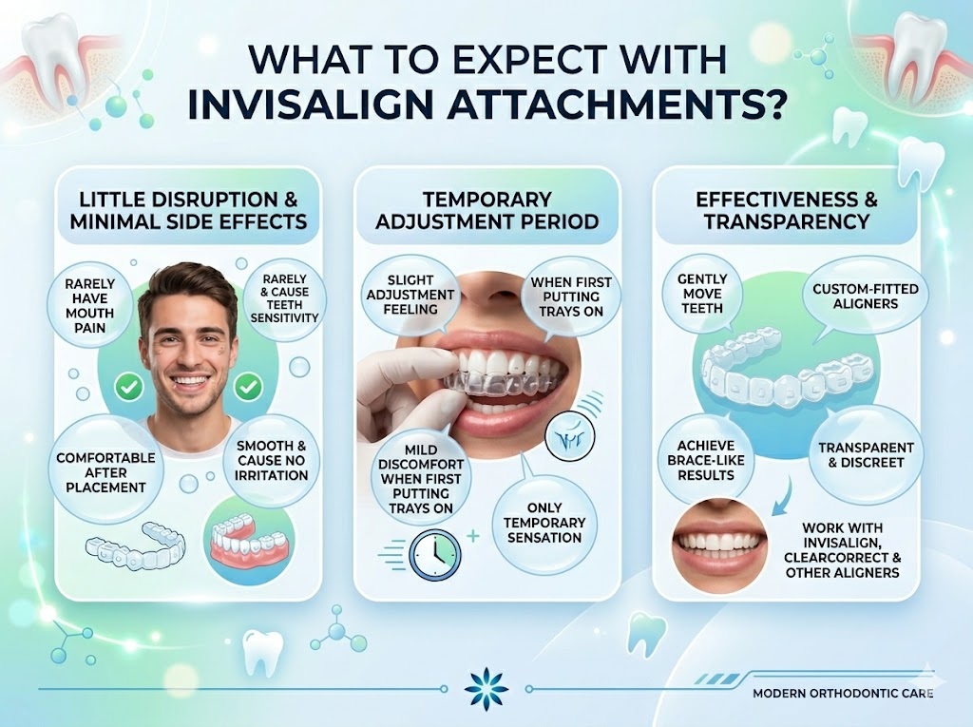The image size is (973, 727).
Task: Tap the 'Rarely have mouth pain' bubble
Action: (x=90, y=304)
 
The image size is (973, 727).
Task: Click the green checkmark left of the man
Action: (x=129, y=388)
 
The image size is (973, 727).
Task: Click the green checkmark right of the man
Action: (x=248, y=388)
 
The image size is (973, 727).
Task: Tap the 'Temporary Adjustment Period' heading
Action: (x=487, y=210)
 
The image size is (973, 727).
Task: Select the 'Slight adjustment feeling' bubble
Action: (x=410, y=295)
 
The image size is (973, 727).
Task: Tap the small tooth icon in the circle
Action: (x=570, y=437)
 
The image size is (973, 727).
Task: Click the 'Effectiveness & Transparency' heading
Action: (x=787, y=210)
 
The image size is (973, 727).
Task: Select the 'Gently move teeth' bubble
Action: (x=702, y=294)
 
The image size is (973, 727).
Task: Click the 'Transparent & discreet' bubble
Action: (x=866, y=455)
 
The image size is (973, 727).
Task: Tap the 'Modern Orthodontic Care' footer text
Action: (x=843, y=693)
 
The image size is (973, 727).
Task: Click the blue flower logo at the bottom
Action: (x=486, y=688)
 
